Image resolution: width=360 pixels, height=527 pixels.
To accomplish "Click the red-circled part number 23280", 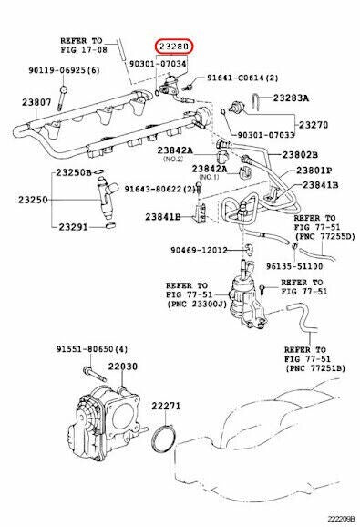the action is [x=173, y=47].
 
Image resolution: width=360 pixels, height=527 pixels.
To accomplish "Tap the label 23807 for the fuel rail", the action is [x=36, y=102].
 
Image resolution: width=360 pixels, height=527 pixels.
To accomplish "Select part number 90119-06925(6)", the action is [x=64, y=70].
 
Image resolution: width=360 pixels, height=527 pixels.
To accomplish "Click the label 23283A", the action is [x=291, y=98].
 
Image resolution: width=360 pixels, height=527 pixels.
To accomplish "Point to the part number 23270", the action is [x=314, y=125].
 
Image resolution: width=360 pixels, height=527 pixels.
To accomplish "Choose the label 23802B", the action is [x=300, y=155].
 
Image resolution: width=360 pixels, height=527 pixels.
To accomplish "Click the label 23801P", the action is [x=314, y=170].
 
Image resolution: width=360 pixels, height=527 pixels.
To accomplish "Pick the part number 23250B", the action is [x=74, y=172].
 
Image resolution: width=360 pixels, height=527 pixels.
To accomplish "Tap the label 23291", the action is [x=73, y=227].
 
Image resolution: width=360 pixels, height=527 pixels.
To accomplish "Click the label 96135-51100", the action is [x=294, y=266].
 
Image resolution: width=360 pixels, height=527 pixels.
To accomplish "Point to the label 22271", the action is [x=166, y=406].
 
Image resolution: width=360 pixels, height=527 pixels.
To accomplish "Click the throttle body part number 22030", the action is [x=122, y=366].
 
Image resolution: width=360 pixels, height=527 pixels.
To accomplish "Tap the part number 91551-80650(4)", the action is [x=92, y=349].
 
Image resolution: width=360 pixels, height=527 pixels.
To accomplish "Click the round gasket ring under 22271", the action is [x=163, y=440].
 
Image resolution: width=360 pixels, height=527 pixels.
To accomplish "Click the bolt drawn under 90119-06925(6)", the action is [x=63, y=98].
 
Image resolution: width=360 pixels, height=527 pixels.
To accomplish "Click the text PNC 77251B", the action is [x=315, y=368].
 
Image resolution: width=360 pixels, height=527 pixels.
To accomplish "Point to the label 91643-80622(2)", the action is [x=159, y=190].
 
